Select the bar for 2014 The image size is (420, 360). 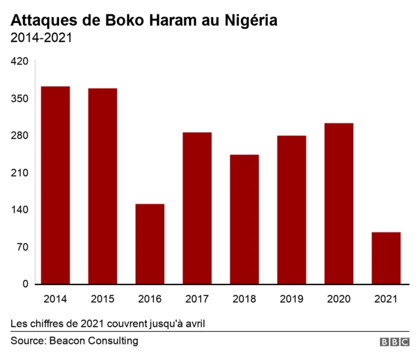(x=55, y=185)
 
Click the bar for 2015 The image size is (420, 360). (x=102, y=186)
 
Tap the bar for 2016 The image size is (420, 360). (x=150, y=244)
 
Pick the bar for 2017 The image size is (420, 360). (x=197, y=208)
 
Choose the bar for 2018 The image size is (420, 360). (x=244, y=219)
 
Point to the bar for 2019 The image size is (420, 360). (x=291, y=210)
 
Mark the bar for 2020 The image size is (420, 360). (x=339, y=204)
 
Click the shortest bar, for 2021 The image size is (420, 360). (x=386, y=258)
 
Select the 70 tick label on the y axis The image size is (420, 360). (x=22, y=248)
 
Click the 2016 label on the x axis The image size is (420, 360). (x=150, y=300)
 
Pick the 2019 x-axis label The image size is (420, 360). (x=291, y=300)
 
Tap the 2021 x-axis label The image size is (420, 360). (x=386, y=300)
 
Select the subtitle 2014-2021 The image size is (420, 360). (x=41, y=38)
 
